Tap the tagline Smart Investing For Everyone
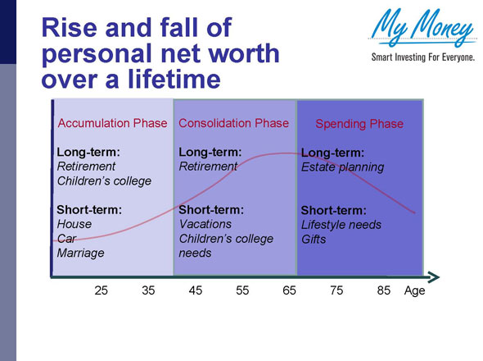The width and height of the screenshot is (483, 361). pos(422,57)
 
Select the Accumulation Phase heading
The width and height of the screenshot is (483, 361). pos(112,123)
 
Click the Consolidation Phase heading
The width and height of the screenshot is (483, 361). pos(233,123)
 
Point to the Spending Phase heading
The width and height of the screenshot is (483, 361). pos(359,124)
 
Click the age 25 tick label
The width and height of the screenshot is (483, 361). pos(102,290)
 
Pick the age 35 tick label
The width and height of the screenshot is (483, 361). pos(148,290)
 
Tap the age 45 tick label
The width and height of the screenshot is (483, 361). pos(196,290)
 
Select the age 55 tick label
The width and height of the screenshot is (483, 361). pos(242,290)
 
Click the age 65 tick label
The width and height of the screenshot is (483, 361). pos(289,290)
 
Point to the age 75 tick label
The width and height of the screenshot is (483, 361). pos(336,290)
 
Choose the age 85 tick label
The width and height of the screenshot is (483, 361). pos(383,290)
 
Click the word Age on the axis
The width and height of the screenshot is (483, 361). pos(414,290)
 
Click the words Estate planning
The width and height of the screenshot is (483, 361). pos(342,167)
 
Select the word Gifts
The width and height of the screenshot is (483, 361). pos(314,239)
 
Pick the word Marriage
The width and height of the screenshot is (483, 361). pos(79,253)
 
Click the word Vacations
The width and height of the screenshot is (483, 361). pos(205,224)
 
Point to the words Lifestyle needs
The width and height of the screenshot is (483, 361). pos(341,224)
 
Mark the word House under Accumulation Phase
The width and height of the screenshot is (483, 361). pos(74,224)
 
